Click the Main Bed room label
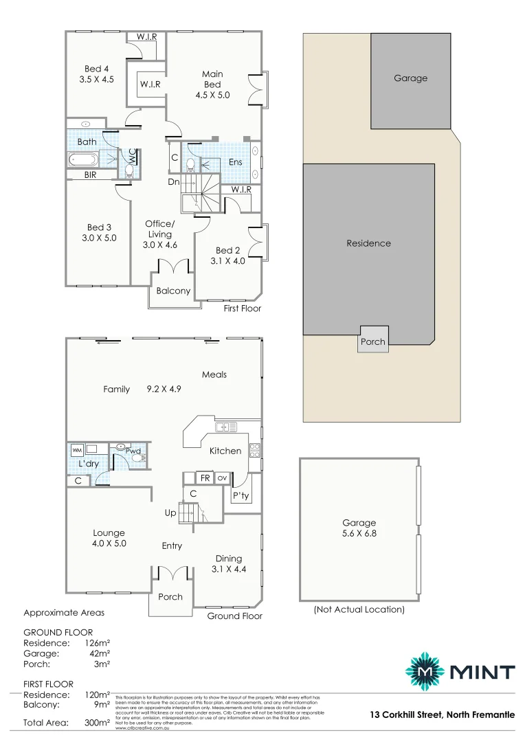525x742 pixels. click(x=212, y=79)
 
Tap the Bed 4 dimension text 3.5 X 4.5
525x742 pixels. click(x=96, y=79)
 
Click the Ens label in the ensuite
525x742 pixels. click(x=235, y=162)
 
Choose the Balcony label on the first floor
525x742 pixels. click(x=173, y=291)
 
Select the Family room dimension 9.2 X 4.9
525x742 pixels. click(x=164, y=390)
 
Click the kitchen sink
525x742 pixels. click(x=225, y=427)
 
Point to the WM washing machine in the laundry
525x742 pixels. click(x=76, y=449)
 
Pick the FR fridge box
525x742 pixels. click(x=205, y=477)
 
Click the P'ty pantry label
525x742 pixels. click(x=241, y=495)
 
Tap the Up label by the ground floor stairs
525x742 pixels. click(x=170, y=513)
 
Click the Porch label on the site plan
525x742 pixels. click(x=373, y=341)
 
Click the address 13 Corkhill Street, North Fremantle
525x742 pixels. click(x=441, y=715)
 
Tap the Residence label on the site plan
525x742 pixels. click(x=368, y=243)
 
